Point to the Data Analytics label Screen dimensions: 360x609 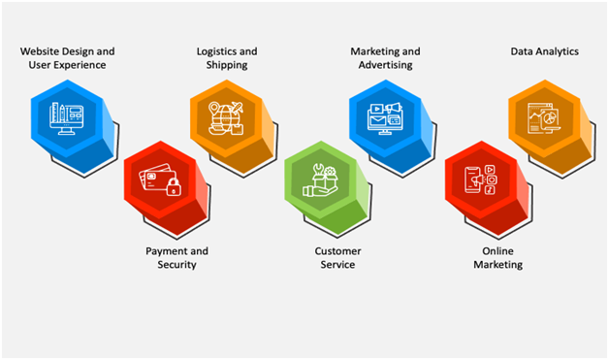[544, 50]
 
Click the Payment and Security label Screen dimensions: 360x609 [176, 257]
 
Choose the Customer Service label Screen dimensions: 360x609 [336, 257]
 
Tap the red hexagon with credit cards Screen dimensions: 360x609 [159, 180]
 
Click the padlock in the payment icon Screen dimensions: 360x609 [174, 186]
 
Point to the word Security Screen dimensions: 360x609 [176, 264]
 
